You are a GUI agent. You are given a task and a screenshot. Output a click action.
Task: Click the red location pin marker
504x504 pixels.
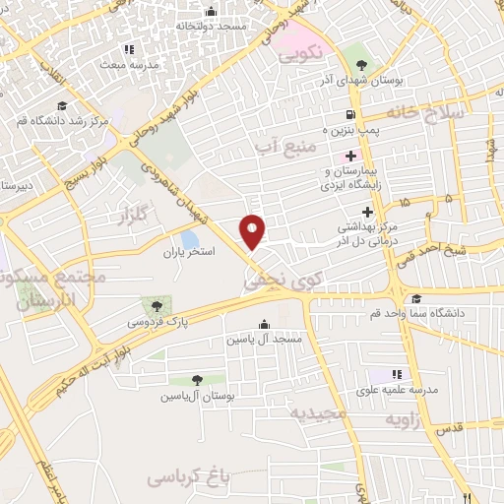point(253,230)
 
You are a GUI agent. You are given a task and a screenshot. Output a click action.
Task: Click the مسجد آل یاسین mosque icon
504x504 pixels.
point(263,324)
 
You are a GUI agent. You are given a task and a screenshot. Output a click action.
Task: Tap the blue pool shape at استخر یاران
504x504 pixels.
point(190,239)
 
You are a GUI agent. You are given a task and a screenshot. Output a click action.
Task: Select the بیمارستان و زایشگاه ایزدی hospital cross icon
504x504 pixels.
point(350,156)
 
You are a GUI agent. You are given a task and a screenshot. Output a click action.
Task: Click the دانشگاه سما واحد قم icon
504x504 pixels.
point(415,299)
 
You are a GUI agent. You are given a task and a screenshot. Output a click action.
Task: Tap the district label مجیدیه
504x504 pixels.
point(318,411)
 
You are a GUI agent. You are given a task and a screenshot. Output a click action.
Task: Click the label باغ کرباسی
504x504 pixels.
point(188,477)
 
